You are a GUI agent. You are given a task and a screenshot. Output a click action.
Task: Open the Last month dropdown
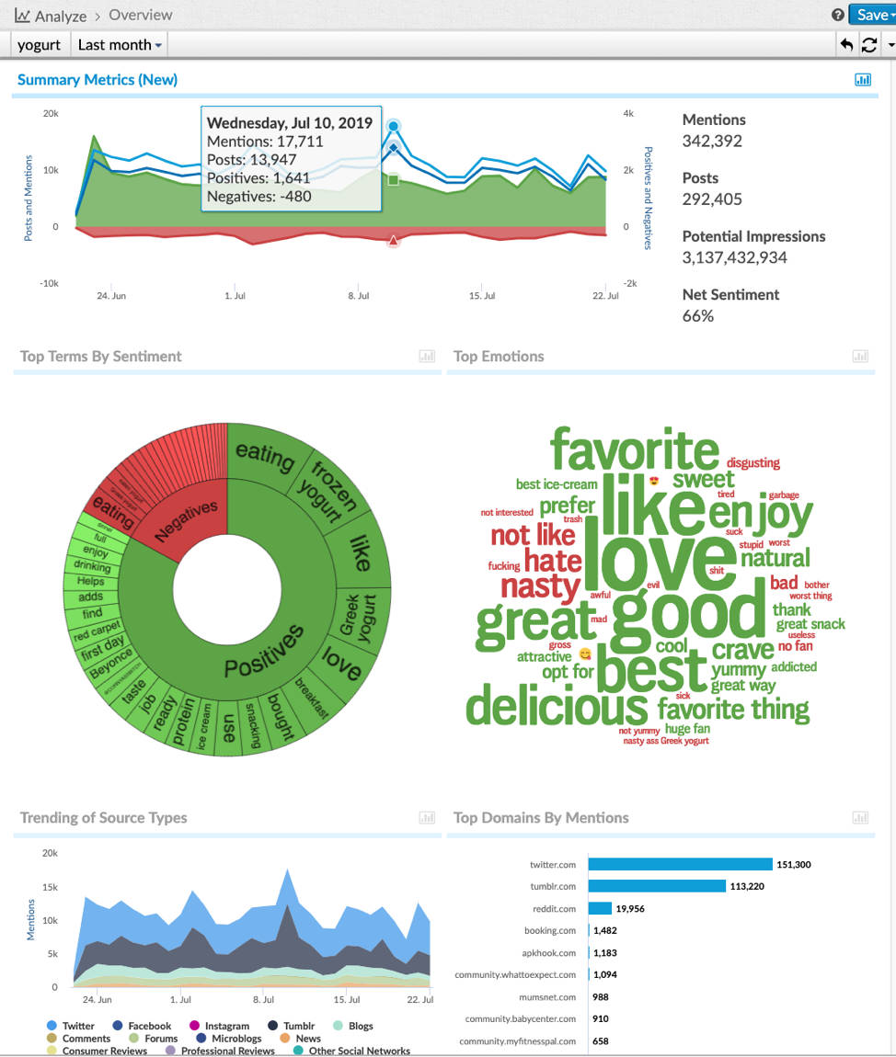pyautogui.click(x=120, y=44)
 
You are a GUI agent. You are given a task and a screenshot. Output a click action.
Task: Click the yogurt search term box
pyautogui.click(x=39, y=44)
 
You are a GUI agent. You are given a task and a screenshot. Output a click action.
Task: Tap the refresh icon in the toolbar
pyautogui.click(x=869, y=44)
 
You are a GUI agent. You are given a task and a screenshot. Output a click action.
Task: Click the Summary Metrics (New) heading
pyautogui.click(x=98, y=80)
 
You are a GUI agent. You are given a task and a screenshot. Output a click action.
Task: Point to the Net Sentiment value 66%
pyautogui.click(x=698, y=316)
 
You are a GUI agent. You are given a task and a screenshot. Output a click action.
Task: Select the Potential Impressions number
pyautogui.click(x=734, y=257)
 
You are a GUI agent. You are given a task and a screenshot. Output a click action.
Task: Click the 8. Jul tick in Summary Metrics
pyautogui.click(x=359, y=296)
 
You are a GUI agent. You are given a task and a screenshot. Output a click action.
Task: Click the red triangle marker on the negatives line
pyautogui.click(x=393, y=241)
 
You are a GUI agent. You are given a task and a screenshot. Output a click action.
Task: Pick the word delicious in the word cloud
pyautogui.click(x=557, y=708)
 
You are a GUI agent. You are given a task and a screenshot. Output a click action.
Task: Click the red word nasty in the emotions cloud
pyautogui.click(x=540, y=586)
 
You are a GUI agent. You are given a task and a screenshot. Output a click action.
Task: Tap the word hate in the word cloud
pyautogui.click(x=553, y=560)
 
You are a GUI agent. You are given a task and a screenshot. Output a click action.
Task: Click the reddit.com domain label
pyautogui.click(x=555, y=909)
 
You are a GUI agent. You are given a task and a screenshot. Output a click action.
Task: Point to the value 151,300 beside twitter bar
pyautogui.click(x=793, y=865)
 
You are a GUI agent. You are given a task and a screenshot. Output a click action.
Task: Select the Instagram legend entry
pyautogui.click(x=226, y=1026)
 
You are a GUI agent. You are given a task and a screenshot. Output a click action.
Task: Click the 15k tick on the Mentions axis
pyautogui.click(x=49, y=888)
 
